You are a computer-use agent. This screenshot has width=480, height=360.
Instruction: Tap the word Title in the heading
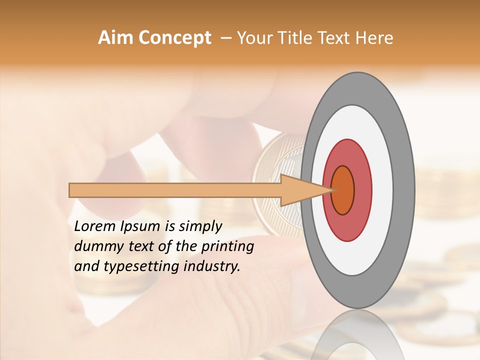click(x=295, y=38)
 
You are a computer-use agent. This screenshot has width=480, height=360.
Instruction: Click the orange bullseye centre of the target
click(x=343, y=190)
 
